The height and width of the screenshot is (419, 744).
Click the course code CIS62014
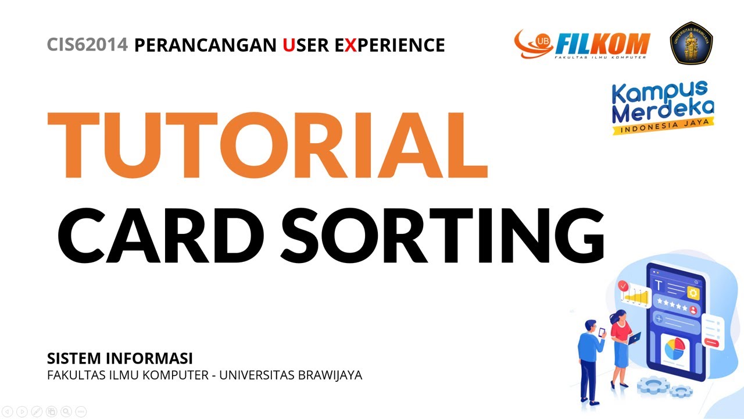click(87, 45)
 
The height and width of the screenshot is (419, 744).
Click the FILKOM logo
click(582, 45)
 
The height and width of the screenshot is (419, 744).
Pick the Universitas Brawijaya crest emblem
click(692, 42)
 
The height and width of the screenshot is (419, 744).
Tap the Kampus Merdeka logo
click(663, 106)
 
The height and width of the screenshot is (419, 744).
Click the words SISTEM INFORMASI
click(120, 358)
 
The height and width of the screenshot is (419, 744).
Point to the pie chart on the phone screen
click(675, 349)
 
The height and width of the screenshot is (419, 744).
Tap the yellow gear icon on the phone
click(692, 293)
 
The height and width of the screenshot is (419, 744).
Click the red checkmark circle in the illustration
click(623, 286)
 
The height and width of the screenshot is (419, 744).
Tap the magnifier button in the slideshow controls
click(66, 411)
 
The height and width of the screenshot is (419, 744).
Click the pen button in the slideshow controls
click(37, 411)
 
